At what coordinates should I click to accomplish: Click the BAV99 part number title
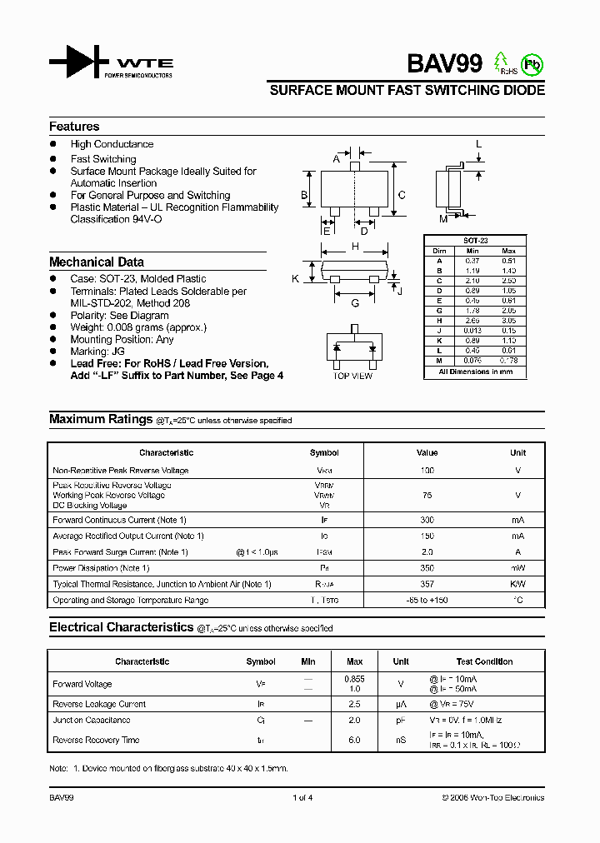(x=444, y=64)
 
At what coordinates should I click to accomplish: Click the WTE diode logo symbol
(x=79, y=63)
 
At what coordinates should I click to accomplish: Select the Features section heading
(x=74, y=127)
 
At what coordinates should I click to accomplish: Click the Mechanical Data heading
(x=96, y=262)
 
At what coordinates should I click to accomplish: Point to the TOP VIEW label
(x=352, y=377)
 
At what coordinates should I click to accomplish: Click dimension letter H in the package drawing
(x=355, y=247)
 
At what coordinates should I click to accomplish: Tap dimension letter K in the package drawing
(x=295, y=279)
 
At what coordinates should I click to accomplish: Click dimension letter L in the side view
(x=479, y=144)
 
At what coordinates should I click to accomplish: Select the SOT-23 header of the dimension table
(x=475, y=240)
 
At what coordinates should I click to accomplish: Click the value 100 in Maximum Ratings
(x=427, y=471)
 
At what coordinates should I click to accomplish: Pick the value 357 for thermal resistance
(x=427, y=584)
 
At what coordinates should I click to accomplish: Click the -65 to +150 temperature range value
(x=427, y=600)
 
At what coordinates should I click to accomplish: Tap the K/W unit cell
(x=517, y=584)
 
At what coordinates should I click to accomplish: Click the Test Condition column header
(x=485, y=661)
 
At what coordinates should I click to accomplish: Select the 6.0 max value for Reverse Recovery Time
(x=354, y=740)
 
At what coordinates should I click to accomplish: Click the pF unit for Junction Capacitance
(x=401, y=720)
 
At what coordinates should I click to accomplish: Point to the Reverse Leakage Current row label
(x=99, y=704)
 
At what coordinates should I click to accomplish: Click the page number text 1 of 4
(x=302, y=798)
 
